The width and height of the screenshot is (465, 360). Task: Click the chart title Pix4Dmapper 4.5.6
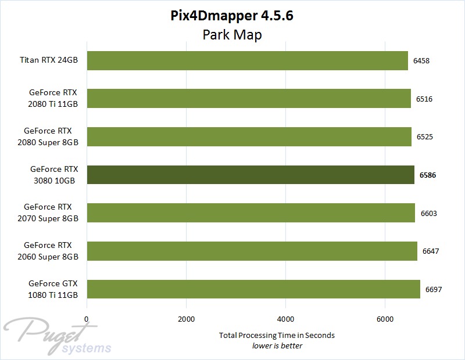[232, 16]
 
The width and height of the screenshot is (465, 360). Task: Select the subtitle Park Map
[232, 35]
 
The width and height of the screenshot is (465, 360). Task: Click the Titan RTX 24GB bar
[247, 60]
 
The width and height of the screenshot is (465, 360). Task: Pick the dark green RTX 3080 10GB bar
[250, 175]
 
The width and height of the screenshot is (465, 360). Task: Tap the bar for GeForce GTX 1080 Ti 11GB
[253, 289]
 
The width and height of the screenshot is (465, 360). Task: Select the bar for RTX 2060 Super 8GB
[252, 251]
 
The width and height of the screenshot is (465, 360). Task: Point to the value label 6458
[421, 60]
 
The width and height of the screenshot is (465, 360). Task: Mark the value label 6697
[433, 289]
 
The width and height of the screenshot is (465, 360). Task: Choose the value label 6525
[424, 137]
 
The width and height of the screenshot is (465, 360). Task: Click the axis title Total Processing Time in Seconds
[277, 335]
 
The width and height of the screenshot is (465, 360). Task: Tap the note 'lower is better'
[277, 345]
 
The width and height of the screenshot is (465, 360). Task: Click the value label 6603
[428, 213]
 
